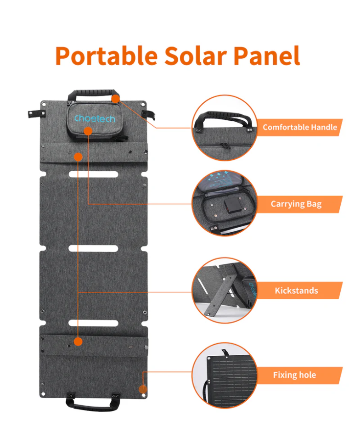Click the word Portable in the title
106,56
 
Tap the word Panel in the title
267,56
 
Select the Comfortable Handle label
300,127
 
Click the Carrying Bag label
296,204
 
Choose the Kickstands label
296,291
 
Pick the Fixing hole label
294,375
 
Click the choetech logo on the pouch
95,118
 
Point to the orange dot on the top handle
115,99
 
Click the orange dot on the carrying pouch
88,131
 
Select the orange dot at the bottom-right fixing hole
143,389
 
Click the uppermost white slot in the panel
93,174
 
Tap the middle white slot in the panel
93,248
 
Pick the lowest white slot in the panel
93,323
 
